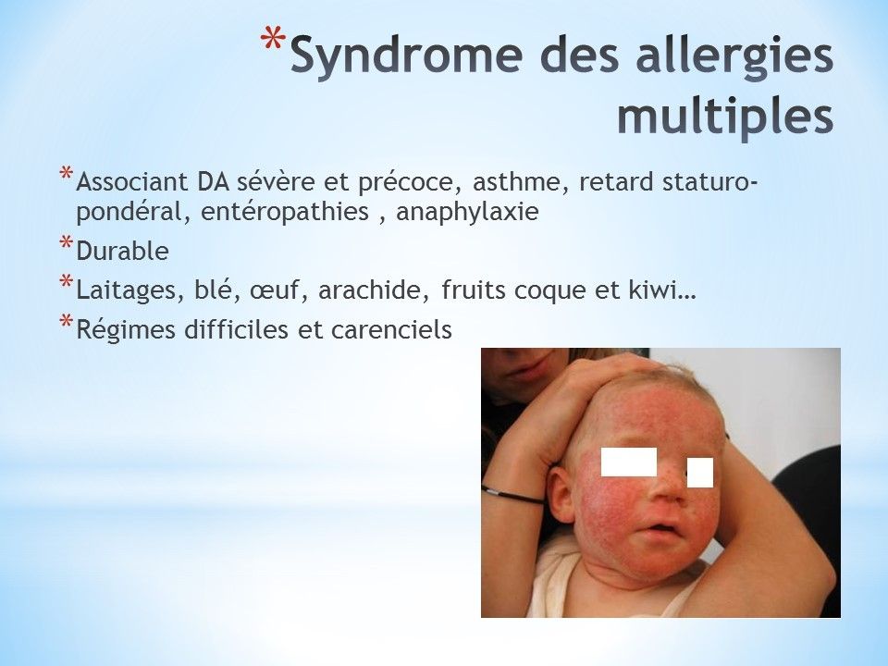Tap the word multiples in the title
[725, 117]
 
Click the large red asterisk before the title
[273, 41]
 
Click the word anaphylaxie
[467, 212]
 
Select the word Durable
[122, 251]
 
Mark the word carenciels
[391, 329]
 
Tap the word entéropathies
[285, 212]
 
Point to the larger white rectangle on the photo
[629, 462]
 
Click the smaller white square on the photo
[700, 473]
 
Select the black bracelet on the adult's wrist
[512, 495]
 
